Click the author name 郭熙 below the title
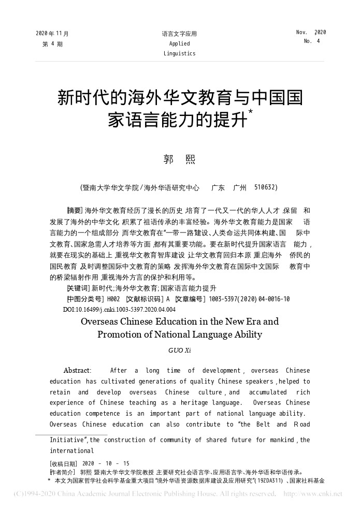tap(179, 159)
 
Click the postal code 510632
tap(266, 187)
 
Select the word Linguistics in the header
tap(179, 53)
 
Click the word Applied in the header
tap(179, 43)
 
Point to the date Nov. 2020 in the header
tap(311, 32)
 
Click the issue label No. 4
tap(311, 41)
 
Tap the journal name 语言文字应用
tap(179, 34)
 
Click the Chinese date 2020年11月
tap(52, 34)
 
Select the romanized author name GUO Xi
tap(179, 351)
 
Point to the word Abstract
tap(77, 371)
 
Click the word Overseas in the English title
tap(102, 321)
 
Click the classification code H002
tap(113, 299)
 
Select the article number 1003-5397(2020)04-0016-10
tap(249, 299)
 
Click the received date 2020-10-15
tap(106, 463)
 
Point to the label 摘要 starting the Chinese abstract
tap(75, 210)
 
